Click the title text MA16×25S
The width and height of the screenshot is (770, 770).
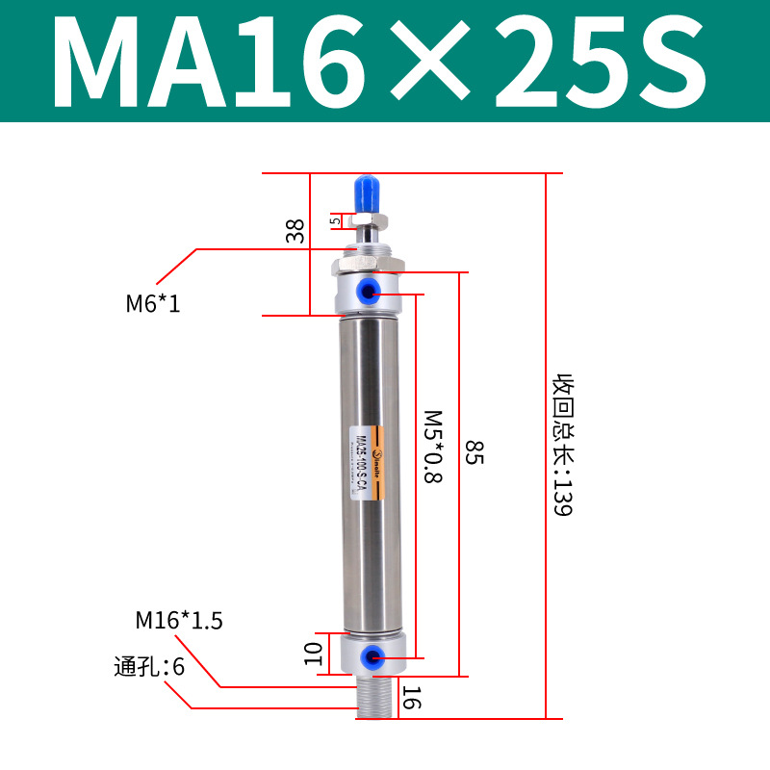(385, 61)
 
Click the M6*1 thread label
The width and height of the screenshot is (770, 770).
(153, 304)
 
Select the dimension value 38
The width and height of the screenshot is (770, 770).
(295, 230)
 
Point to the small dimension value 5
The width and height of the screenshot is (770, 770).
(335, 220)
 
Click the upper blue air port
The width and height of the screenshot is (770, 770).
(370, 289)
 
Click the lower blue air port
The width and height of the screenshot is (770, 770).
(370, 657)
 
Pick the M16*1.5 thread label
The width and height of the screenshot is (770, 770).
(179, 621)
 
